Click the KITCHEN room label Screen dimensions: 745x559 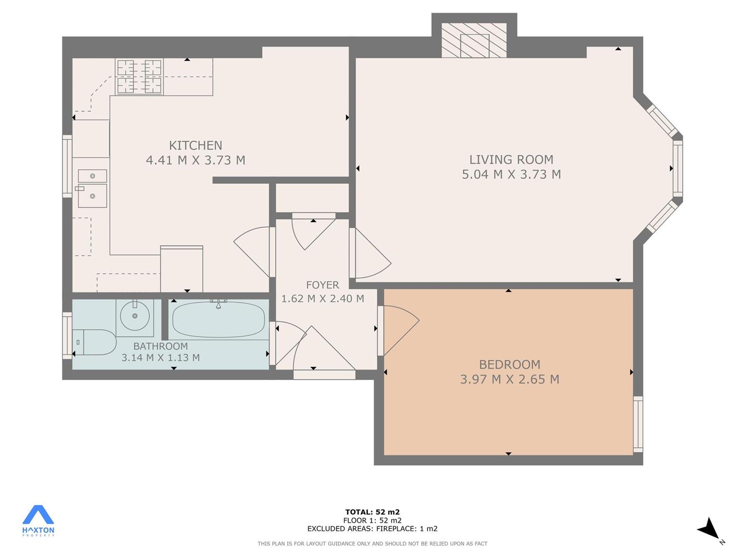[x=196, y=145]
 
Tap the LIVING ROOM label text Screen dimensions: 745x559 [x=511, y=159]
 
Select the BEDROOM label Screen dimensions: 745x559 [x=510, y=364]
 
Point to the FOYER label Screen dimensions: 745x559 [x=322, y=285]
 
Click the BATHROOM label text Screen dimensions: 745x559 [x=160, y=346]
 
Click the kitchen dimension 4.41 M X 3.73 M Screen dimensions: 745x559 [x=196, y=160]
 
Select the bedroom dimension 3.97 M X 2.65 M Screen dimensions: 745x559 [x=510, y=379]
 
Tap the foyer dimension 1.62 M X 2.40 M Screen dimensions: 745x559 [x=322, y=299]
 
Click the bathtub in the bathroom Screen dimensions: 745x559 [x=218, y=319]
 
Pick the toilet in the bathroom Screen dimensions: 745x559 [x=94, y=342]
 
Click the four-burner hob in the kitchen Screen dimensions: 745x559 [x=139, y=77]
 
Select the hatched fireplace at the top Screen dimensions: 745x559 [x=474, y=40]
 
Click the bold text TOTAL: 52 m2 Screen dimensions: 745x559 [x=373, y=512]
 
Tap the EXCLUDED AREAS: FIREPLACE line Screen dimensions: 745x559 [x=373, y=528]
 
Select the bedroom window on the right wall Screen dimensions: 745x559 [x=638, y=424]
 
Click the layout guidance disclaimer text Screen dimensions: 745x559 [x=373, y=543]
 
